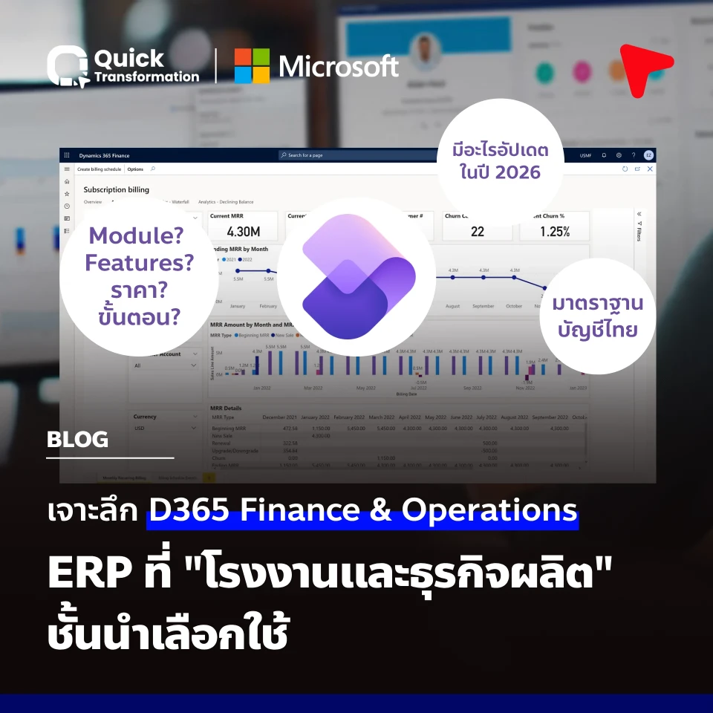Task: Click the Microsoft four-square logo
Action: pyautogui.click(x=252, y=66)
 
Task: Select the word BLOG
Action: pyautogui.click(x=77, y=439)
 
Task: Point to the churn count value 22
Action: pyautogui.click(x=478, y=232)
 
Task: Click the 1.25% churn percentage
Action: pyautogui.click(x=554, y=232)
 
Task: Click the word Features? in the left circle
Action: pyautogui.click(x=139, y=263)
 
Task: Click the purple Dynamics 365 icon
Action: pyautogui.click(x=359, y=277)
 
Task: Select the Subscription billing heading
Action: pyautogui.click(x=116, y=189)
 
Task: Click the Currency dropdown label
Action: pyautogui.click(x=145, y=417)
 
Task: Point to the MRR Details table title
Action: pyautogui.click(x=227, y=408)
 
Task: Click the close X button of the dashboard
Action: pyautogui.click(x=650, y=169)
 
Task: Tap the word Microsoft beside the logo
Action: pyautogui.click(x=339, y=66)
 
